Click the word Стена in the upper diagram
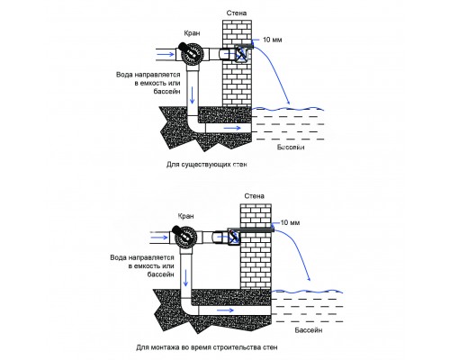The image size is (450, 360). pos(237,13)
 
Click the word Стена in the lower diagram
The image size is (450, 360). pos(254,196)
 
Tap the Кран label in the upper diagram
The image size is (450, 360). pos(192,33)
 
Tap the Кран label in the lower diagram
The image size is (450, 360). pos(185,216)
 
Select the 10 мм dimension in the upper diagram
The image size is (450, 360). pos(272,40)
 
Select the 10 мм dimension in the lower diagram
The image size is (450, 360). pos(290,222)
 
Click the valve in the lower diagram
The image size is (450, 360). pos(184,237)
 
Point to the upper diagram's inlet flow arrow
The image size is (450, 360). pos(166,54)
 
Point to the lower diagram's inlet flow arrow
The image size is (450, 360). pos(159,238)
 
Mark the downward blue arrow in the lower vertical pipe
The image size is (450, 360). pos(185,278)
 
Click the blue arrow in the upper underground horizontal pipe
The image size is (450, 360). pos(232,128)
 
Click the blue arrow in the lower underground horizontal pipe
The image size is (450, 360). pos(225,310)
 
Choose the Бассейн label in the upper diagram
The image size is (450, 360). pos(291,148)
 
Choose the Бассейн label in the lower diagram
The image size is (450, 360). pos(309,330)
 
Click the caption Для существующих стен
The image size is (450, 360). pos(207,165)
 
